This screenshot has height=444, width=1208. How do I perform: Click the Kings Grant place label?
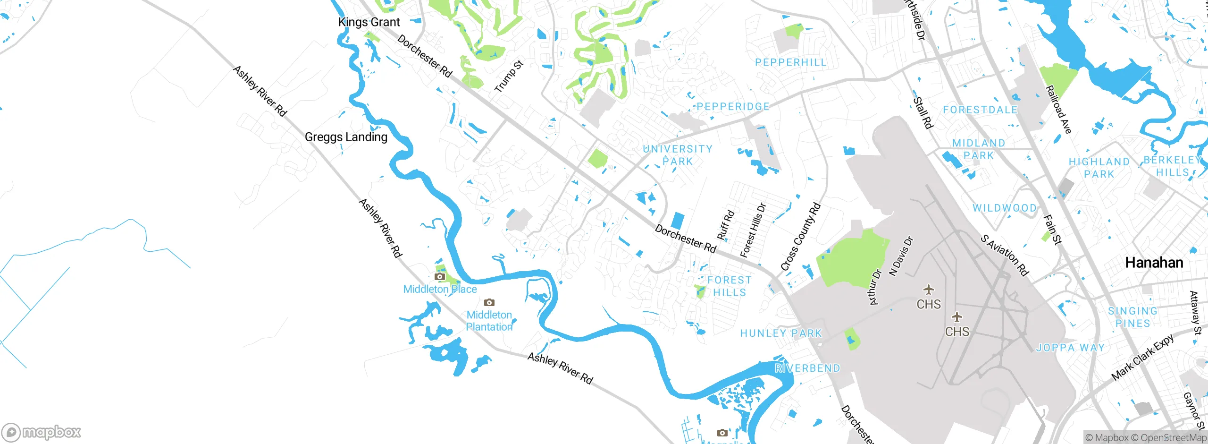tap(369, 22)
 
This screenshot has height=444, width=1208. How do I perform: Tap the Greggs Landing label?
tap(346, 137)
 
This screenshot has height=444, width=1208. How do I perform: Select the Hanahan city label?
tap(1154, 263)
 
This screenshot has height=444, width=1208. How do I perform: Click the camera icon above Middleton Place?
tap(440, 277)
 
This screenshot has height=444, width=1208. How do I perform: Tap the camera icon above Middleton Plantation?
tap(489, 302)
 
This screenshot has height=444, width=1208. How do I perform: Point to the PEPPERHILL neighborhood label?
tap(791, 62)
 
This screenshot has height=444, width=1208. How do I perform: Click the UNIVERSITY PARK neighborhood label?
tap(678, 155)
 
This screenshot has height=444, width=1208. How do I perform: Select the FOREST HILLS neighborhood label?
tap(730, 286)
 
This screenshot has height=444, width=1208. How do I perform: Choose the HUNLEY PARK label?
tap(781, 333)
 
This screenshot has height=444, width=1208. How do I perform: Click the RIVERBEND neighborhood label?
tap(807, 368)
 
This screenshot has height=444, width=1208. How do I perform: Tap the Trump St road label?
tap(509, 77)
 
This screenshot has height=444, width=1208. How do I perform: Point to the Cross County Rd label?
tap(801, 237)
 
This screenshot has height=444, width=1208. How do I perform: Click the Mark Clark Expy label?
tap(1143, 358)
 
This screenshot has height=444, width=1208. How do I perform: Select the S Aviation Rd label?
tap(1005, 255)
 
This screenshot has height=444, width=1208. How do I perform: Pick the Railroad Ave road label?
tap(1058, 110)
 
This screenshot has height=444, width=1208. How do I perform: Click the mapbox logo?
tap(42, 432)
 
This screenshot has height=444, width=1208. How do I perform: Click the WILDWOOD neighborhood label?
tap(1005, 208)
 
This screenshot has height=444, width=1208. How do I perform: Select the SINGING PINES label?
tap(1133, 317)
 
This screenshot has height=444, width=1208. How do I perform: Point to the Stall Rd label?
tap(923, 113)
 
